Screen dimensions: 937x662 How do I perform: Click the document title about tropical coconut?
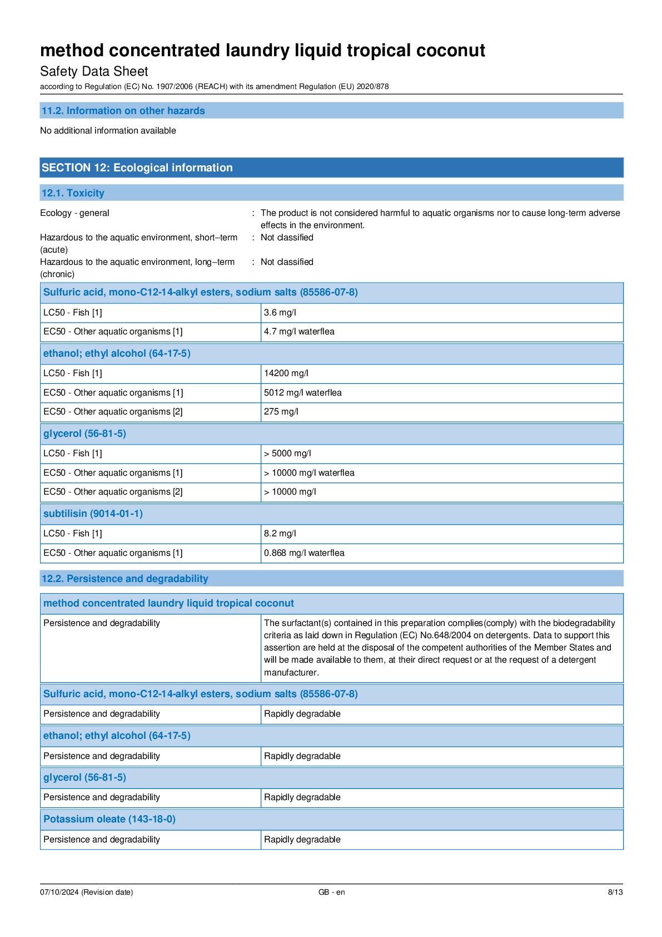(262, 51)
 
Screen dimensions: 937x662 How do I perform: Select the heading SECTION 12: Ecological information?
(137, 167)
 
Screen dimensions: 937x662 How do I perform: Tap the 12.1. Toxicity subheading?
(73, 193)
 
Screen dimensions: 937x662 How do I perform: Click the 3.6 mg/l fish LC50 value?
(280, 313)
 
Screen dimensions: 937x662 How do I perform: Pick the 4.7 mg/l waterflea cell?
(299, 332)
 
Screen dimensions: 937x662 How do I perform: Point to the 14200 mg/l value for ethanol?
(286, 373)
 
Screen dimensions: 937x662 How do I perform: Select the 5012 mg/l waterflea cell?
(302, 393)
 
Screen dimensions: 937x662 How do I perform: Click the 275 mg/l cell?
(281, 412)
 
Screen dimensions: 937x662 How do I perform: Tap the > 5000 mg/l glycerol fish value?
(287, 453)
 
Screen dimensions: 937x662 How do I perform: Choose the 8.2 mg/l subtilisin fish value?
(280, 534)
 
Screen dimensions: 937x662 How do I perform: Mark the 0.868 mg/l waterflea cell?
(304, 553)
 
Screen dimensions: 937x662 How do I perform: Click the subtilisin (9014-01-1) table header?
(93, 514)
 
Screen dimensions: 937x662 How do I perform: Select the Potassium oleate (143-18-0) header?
(109, 819)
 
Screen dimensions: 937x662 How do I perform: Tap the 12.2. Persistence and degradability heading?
(125, 579)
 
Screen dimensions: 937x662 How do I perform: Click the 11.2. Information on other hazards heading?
(123, 111)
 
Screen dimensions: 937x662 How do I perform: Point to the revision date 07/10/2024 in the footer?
(86, 892)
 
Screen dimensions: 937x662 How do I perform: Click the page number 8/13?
(615, 892)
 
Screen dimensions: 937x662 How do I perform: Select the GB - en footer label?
(331, 892)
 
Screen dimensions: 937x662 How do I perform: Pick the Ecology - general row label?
(74, 213)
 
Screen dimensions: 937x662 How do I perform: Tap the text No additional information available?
(108, 131)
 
